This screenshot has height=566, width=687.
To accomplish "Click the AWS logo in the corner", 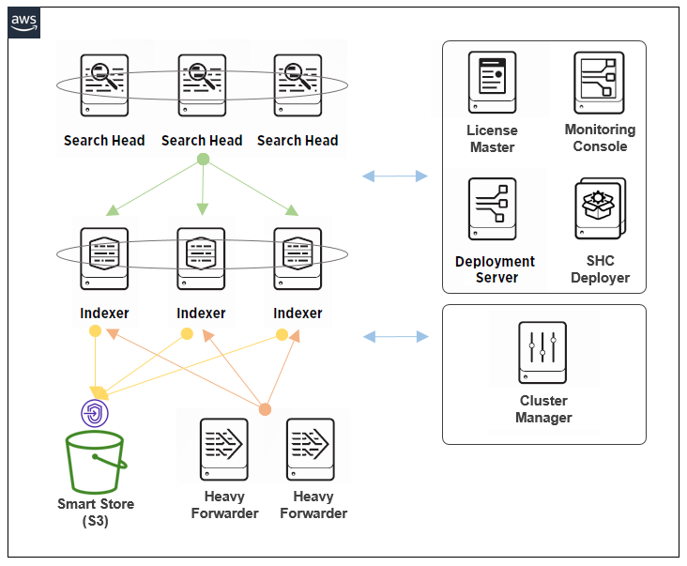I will (x=24, y=23).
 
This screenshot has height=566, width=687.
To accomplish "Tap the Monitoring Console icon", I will (x=600, y=83).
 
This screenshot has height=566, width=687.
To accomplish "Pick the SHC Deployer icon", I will (x=600, y=209).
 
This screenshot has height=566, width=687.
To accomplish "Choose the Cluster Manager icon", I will (x=542, y=352).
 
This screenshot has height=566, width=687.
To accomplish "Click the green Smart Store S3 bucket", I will (x=94, y=463).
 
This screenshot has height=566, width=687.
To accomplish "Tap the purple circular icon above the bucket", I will (x=95, y=413).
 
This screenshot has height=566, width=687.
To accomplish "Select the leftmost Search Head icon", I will (x=104, y=85).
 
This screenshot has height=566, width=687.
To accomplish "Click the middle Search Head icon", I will (x=201, y=85).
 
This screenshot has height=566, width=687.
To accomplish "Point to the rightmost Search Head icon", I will (x=298, y=85).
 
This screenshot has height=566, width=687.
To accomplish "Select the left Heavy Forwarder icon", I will (x=223, y=450).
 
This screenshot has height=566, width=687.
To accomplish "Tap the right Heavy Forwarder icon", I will (x=312, y=450).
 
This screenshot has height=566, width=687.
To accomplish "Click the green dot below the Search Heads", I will (x=202, y=159).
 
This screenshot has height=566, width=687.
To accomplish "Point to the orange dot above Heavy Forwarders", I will (x=265, y=409).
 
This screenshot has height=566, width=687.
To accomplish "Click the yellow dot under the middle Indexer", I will (x=187, y=334).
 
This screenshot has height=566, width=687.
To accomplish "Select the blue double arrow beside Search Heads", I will (x=395, y=176).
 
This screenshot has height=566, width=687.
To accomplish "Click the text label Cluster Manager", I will (x=543, y=409).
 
